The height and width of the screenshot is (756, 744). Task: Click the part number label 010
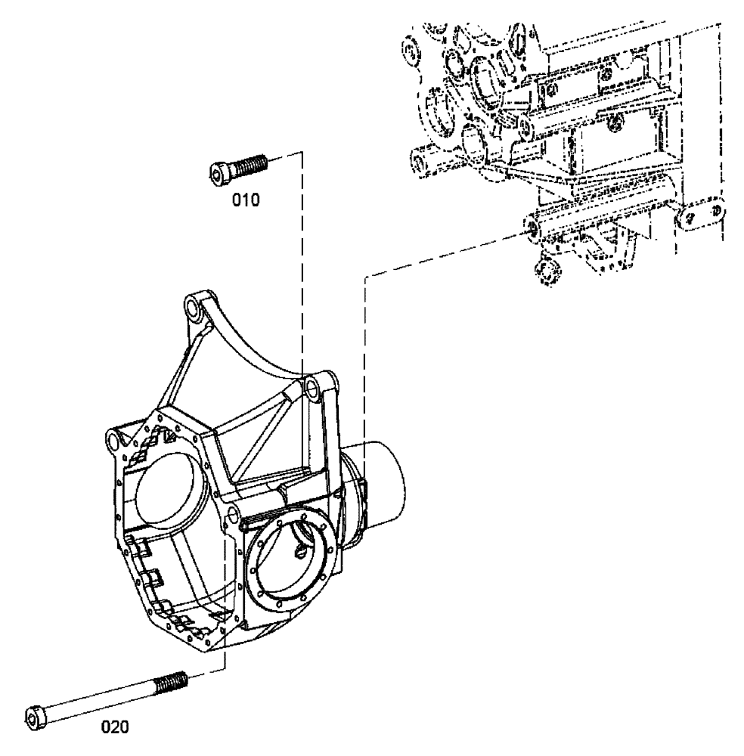(245, 200)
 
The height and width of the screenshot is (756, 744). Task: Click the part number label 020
(116, 728)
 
